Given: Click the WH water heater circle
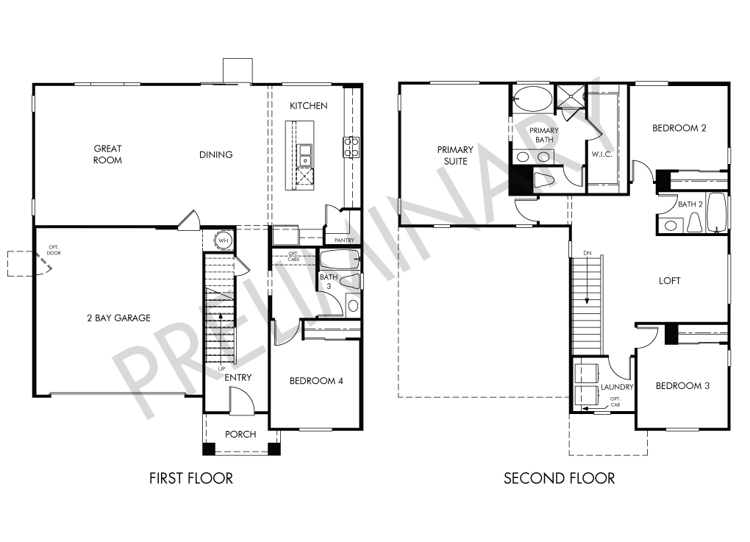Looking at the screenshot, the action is point(224,240).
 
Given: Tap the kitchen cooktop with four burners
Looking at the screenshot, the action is point(351,147).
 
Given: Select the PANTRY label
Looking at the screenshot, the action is point(344,240).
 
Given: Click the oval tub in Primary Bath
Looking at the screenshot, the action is point(533,99).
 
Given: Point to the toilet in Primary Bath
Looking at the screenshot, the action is point(543,180).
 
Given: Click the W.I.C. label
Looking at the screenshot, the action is point(601,154).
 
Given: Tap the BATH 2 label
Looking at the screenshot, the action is point(690,204).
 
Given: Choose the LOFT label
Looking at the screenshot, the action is point(670,281).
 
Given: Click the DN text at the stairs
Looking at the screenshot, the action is point(587,252).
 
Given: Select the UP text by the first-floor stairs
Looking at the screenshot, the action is point(221,369).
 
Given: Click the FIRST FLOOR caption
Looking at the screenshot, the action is point(191,478).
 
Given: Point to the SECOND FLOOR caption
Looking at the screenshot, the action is point(559,478).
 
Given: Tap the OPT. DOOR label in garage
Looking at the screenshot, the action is point(54,250).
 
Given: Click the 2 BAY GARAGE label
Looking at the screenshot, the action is point(118,318).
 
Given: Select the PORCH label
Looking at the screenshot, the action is point(240,434).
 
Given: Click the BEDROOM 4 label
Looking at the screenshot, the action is point(316,381).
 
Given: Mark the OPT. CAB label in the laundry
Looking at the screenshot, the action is point(615,402).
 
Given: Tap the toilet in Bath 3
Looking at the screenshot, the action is point(350,281).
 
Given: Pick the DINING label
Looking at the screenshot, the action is point(215,154).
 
